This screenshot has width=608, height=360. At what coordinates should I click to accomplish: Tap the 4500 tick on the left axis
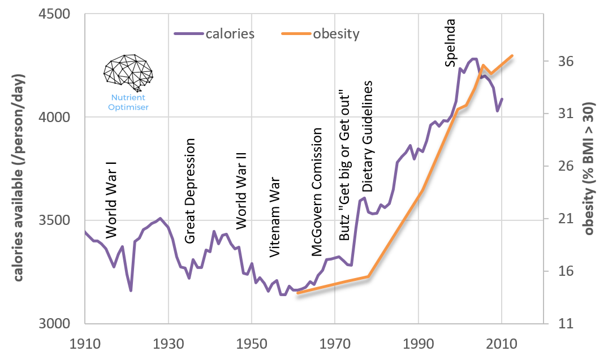pos(62,14)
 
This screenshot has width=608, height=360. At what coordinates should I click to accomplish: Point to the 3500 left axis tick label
pos(62,220)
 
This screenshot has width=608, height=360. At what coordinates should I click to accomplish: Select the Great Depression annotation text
pos(190,191)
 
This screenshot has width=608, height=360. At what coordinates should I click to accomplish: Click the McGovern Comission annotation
pos(317,192)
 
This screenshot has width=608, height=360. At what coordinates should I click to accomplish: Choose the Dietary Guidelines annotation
pos(368,136)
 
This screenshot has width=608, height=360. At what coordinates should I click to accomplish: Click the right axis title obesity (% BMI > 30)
pos(590,168)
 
